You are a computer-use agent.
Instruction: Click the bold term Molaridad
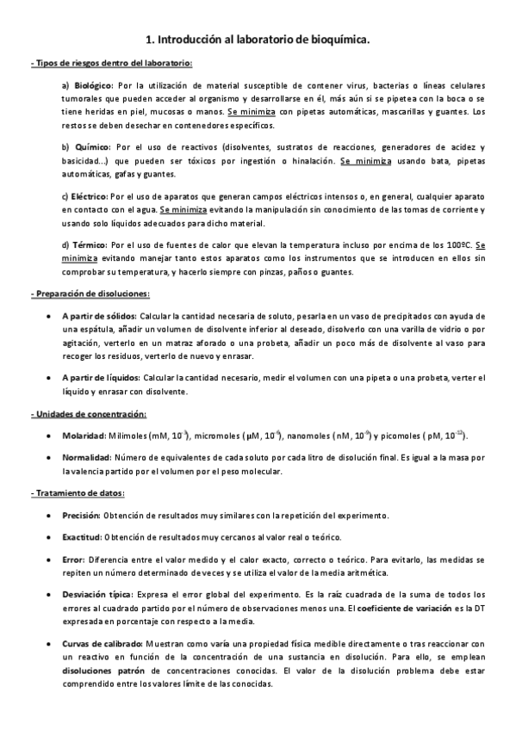pyautogui.click(x=84, y=436)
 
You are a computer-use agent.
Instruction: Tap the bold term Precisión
pyautogui.click(x=81, y=516)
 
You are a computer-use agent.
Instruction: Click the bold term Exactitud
pyautogui.click(x=82, y=537)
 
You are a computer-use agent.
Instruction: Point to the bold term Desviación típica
pyautogui.click(x=96, y=595)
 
